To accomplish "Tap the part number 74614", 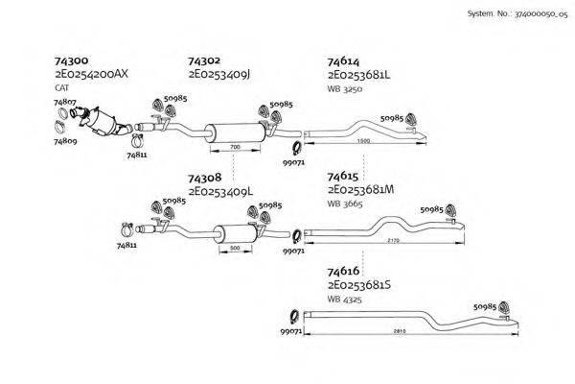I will tap(344, 60).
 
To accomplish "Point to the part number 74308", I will tap(205, 179).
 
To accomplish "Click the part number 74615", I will tap(344, 177).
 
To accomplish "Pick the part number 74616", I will tap(344, 272).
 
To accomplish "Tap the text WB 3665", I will tap(345, 204).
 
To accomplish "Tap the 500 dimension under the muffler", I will tap(235, 248).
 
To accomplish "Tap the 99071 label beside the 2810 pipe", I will tap(291, 330).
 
